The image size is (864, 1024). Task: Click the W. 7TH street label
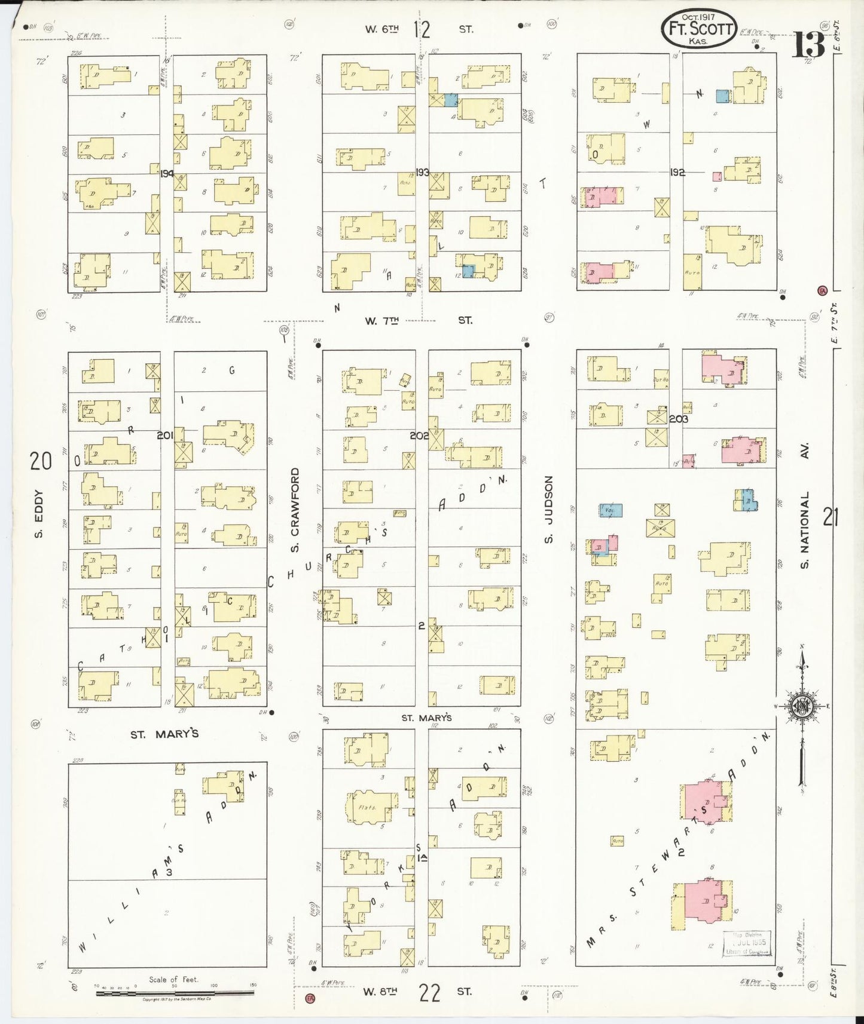[418, 321]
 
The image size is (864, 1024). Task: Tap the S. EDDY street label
[39, 513]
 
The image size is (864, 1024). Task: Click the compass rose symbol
[802, 706]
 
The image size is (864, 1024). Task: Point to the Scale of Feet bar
[175, 992]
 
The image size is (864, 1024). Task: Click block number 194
[167, 173]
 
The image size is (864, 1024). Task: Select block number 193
[422, 172]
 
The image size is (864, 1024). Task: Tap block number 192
[677, 172]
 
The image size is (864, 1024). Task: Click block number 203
[679, 419]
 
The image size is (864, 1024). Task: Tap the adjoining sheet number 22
[429, 993]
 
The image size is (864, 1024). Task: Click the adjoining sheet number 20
[41, 461]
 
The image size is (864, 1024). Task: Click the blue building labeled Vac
[610, 510]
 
